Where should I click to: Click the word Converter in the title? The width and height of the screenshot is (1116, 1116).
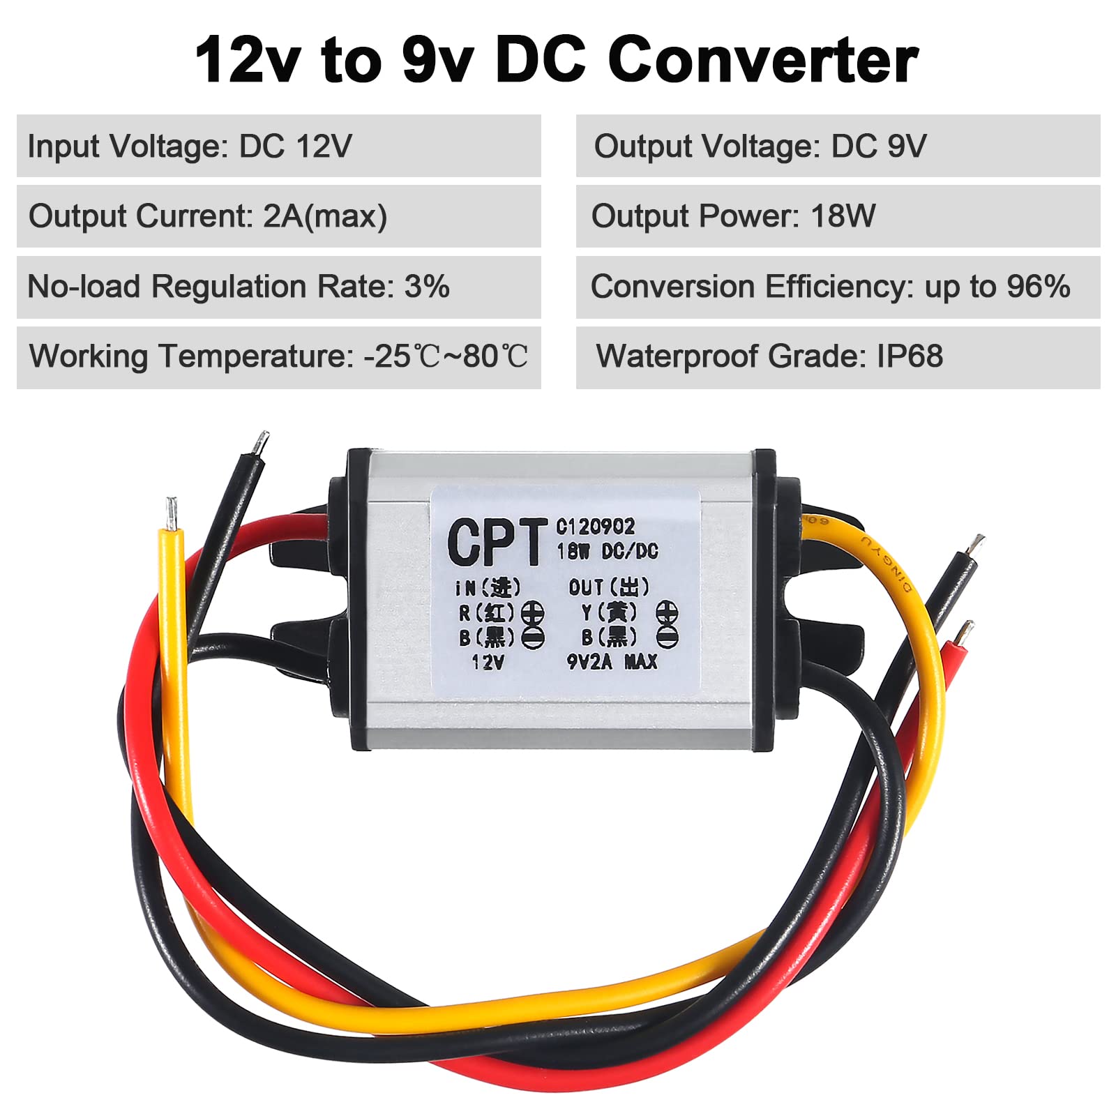point(763,60)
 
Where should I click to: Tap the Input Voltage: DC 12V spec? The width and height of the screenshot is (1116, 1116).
point(190,146)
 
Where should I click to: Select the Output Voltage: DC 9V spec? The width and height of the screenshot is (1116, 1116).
point(760,146)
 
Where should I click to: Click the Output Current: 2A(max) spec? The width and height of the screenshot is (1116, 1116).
point(207,216)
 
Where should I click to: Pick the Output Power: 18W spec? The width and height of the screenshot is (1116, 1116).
point(733,216)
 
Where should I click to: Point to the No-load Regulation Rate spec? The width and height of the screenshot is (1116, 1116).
point(238,287)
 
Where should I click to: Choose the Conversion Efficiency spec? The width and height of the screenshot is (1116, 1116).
point(830,287)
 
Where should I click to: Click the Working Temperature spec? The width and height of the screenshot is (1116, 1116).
point(278,356)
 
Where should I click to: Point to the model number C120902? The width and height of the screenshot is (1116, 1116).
point(595,527)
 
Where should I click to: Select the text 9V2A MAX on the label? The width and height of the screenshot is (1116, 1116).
point(612,661)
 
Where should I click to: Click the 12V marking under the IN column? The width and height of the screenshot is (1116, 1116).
point(488,661)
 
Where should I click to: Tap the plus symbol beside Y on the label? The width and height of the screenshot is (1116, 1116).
point(667,612)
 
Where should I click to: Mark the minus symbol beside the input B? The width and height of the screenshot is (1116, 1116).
point(534,637)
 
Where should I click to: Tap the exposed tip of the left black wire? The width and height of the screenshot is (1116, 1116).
point(260,443)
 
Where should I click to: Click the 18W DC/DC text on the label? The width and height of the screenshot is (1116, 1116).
point(607,551)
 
